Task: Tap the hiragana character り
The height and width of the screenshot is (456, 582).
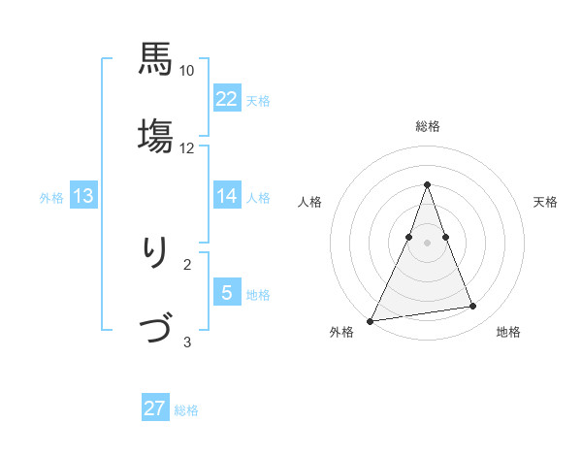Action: (x=155, y=254)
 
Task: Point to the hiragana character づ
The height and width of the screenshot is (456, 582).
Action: (x=155, y=331)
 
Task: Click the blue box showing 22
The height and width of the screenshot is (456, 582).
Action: (x=227, y=98)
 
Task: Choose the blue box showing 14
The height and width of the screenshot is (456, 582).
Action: (x=227, y=196)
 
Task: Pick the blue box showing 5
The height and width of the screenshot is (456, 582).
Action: (x=227, y=292)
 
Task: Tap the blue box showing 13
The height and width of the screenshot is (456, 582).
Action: (x=83, y=196)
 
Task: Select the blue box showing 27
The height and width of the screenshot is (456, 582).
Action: (x=155, y=408)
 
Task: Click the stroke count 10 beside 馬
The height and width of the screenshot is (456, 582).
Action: (x=187, y=71)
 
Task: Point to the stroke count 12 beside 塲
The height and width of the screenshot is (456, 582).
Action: (x=187, y=147)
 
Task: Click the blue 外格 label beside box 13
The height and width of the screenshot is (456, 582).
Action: (x=51, y=197)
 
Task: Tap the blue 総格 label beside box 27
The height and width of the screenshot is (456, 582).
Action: (x=186, y=410)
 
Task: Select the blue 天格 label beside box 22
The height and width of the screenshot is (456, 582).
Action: (x=258, y=100)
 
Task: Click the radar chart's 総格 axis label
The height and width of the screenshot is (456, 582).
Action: (x=427, y=126)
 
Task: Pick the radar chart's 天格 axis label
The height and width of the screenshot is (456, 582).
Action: (x=546, y=202)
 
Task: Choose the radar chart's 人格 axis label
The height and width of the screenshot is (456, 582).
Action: (x=309, y=202)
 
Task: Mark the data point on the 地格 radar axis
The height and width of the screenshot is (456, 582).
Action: (x=473, y=307)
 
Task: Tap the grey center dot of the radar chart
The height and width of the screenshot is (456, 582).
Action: (x=427, y=243)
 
